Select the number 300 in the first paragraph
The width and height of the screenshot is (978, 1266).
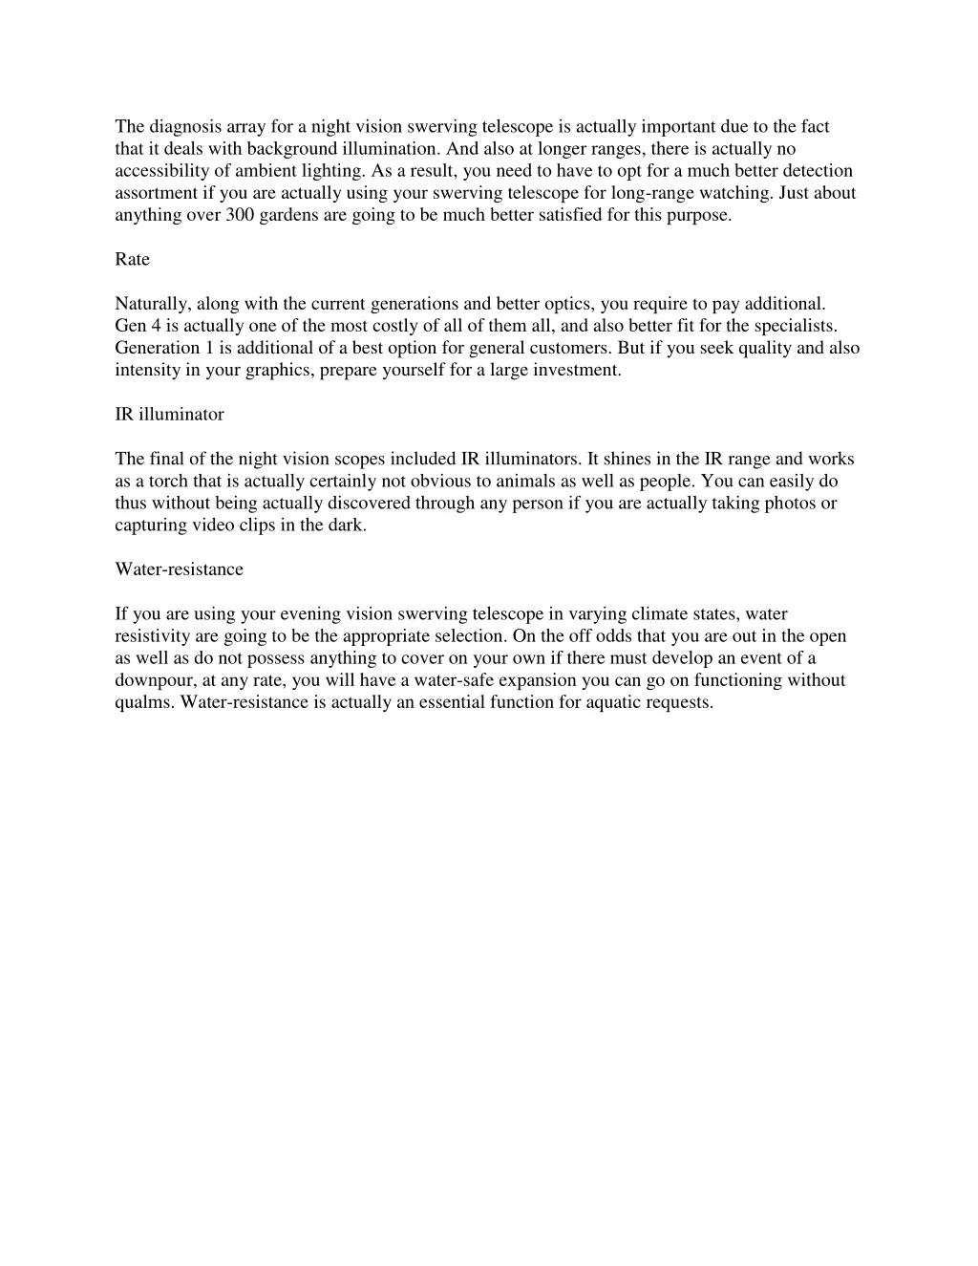[x=239, y=215]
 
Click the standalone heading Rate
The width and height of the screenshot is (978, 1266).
[x=132, y=260]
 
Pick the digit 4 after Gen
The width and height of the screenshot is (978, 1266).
[x=155, y=326]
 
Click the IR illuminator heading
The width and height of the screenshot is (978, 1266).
[x=169, y=415]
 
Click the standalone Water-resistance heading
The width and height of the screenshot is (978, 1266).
[x=179, y=569]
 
